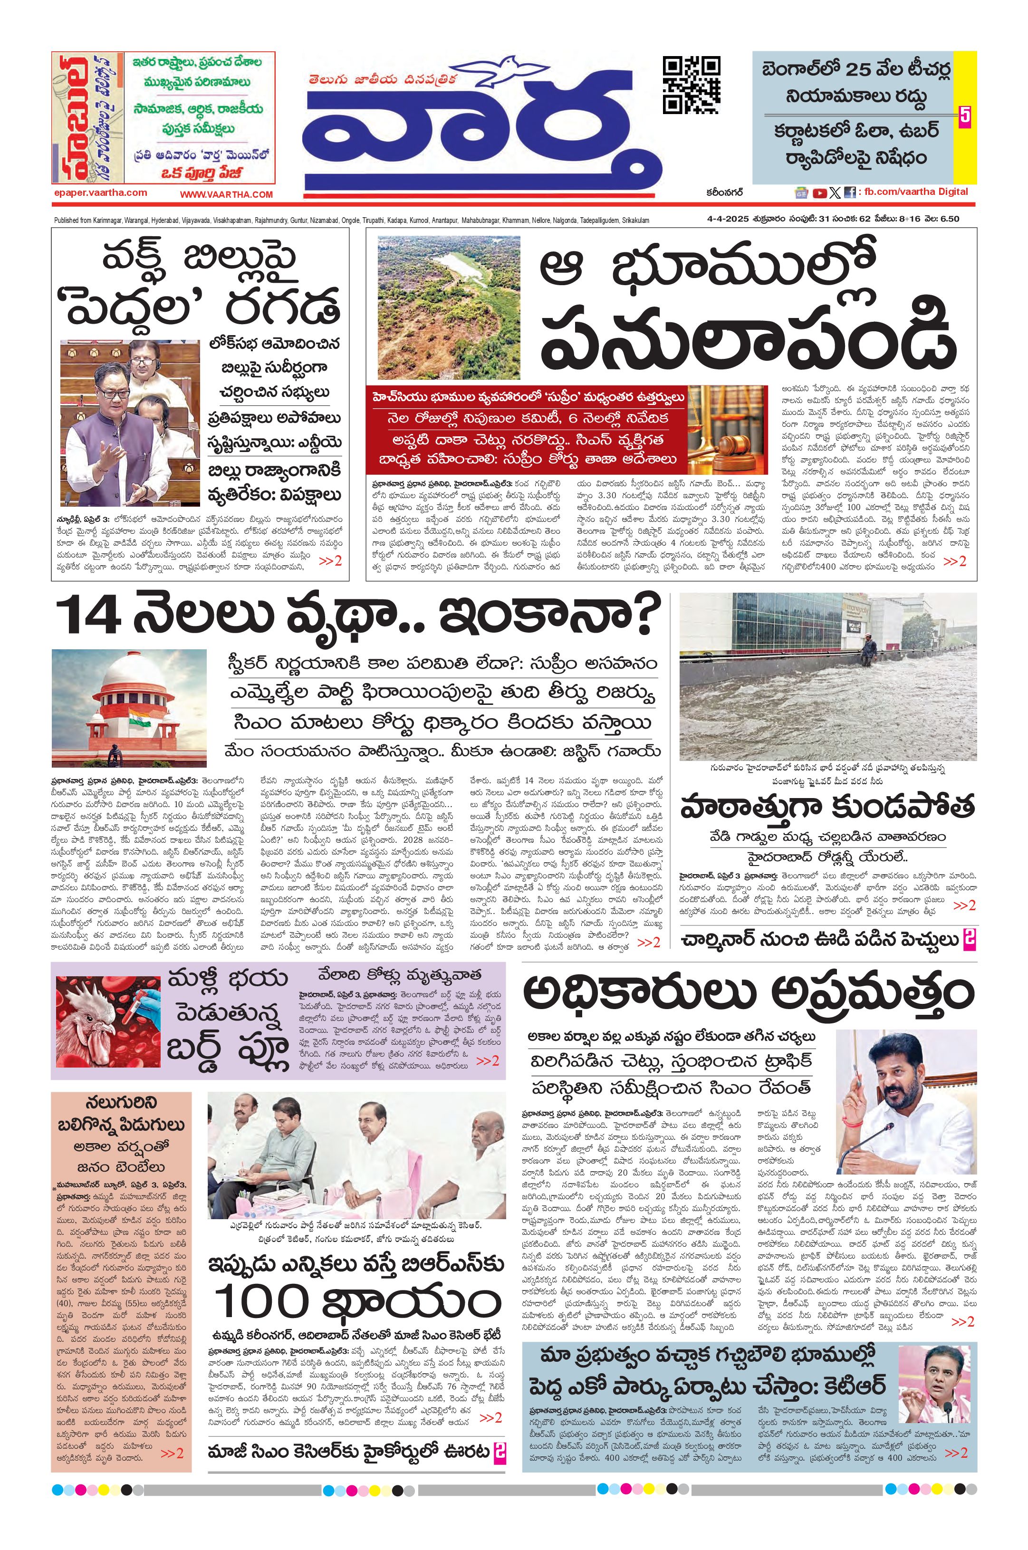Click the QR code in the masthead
pos(691,85)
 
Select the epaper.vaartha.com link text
pos(101,193)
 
